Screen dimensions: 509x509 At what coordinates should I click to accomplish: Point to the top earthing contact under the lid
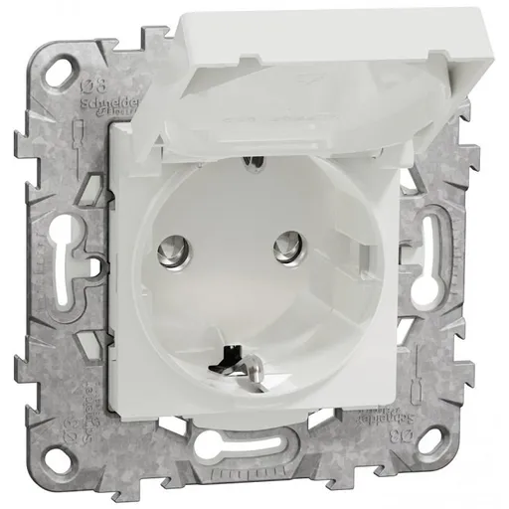click(x=254, y=158)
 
